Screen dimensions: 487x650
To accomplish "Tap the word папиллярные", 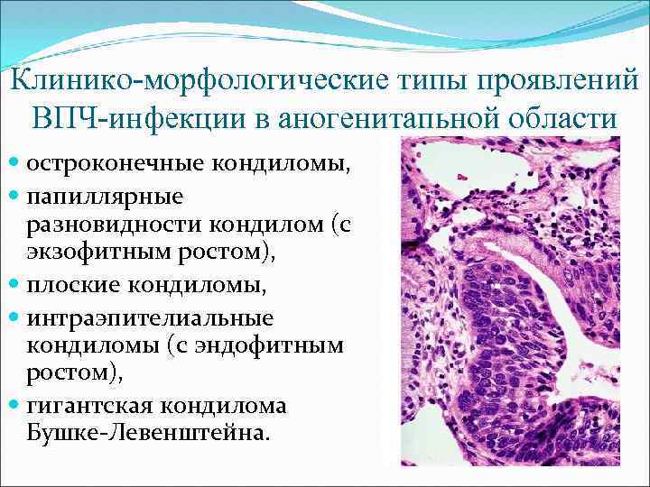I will [x=104, y=194].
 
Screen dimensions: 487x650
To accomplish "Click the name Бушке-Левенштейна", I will [x=148, y=433].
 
